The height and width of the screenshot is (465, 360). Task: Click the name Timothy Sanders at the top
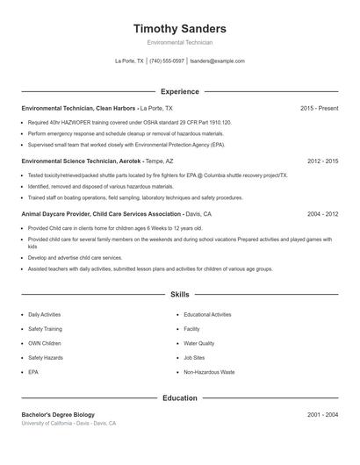[179, 29]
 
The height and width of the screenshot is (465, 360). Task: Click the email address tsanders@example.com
[217, 61]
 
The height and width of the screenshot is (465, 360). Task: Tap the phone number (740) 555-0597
[167, 61]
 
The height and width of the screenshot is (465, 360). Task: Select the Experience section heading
[179, 91]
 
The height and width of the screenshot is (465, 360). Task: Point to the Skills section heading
[179, 295]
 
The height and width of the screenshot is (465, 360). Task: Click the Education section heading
[179, 397]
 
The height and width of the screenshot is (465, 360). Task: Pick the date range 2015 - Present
[319, 108]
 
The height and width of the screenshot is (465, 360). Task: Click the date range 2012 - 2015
[322, 161]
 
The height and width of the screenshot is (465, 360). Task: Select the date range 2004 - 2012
[322, 213]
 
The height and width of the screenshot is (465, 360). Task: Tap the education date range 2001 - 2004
[322, 414]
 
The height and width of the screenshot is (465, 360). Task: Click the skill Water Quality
[198, 343]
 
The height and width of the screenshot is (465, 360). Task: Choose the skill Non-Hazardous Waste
[209, 373]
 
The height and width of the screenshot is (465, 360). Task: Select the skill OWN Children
[45, 343]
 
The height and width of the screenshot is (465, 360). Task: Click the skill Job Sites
[194, 358]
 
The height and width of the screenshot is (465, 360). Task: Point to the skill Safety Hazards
[46, 358]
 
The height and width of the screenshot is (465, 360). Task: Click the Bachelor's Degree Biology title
[58, 414]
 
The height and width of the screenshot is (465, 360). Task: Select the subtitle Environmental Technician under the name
[179, 42]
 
